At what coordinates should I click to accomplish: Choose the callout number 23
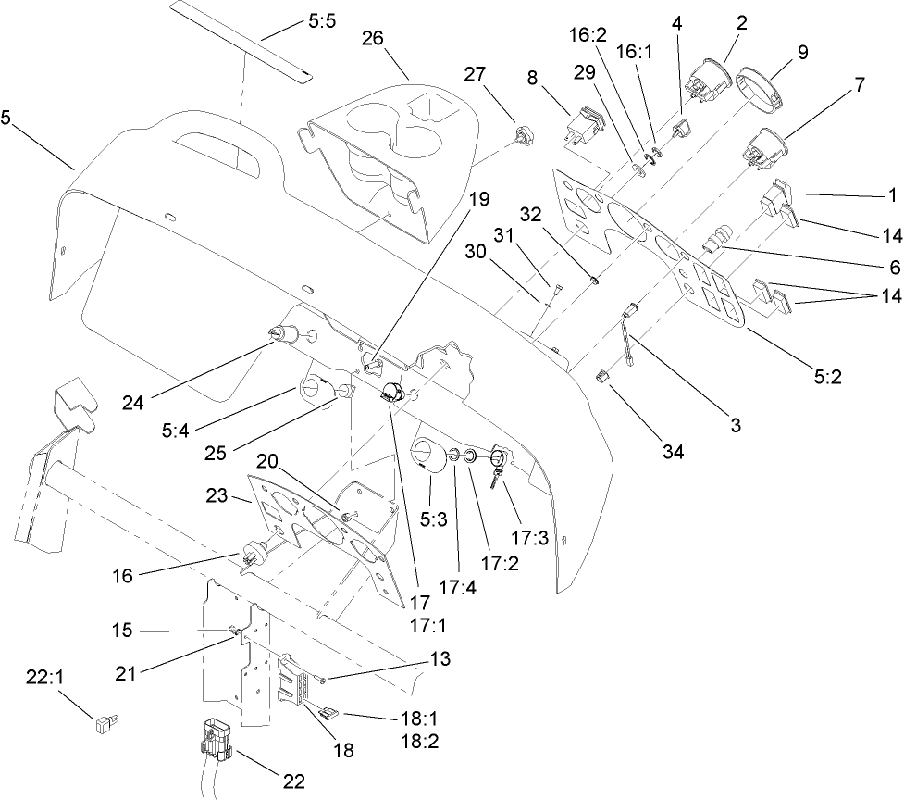(x=219, y=496)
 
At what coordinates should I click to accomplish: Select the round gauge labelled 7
(x=763, y=148)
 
